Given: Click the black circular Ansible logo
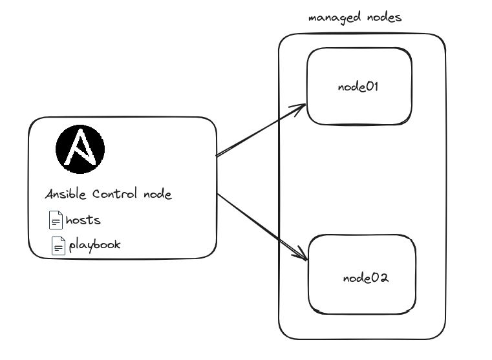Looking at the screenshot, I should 80,150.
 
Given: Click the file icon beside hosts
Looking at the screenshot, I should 56,220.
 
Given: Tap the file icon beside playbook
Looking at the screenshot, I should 59,246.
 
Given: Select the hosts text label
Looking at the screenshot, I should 83,220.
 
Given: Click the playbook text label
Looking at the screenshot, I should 94,246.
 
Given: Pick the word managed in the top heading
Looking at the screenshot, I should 332,17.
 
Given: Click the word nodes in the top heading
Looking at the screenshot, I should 381,17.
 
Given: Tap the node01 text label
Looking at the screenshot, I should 358,87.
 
